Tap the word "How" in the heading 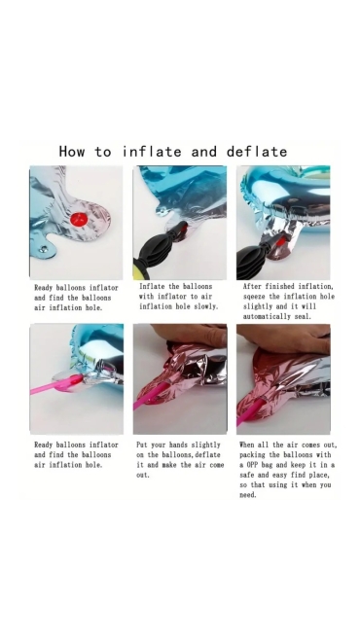[72, 152]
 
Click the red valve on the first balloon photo [79, 219]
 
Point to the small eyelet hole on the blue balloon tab [43, 249]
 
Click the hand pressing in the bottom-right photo [286, 338]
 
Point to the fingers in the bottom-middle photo [191, 335]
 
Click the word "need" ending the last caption [248, 495]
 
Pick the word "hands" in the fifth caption [178, 444]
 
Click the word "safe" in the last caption [246, 475]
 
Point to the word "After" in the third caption [252, 287]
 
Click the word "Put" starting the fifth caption [142, 444]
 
